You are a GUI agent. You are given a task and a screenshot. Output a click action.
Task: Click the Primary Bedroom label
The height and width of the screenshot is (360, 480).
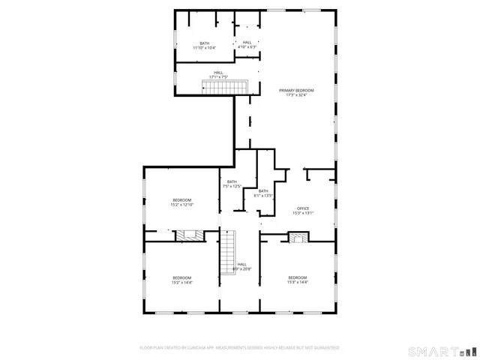[296, 90]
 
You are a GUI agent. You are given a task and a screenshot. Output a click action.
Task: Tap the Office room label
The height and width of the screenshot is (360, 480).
[302, 208]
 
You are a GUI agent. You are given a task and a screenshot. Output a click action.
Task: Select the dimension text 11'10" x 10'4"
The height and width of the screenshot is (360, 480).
[204, 48]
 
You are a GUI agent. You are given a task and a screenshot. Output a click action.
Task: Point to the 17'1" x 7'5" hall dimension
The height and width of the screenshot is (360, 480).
[217, 77]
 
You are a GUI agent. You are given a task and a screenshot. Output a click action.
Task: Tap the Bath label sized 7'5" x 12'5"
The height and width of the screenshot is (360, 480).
[232, 181]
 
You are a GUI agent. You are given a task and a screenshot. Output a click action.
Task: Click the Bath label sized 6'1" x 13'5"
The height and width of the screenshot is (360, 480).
[263, 191]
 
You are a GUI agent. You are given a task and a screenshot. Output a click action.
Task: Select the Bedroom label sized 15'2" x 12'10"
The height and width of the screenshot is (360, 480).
[182, 199]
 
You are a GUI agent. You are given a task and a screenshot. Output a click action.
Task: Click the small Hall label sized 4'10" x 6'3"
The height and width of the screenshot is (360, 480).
[247, 43]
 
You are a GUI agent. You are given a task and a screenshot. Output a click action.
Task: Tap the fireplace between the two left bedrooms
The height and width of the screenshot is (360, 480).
[186, 235]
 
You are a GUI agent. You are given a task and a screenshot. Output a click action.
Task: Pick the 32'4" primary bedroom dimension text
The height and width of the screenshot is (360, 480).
[304, 95]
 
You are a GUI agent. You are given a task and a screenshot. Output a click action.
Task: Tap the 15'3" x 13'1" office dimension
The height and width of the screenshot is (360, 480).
[302, 213]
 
